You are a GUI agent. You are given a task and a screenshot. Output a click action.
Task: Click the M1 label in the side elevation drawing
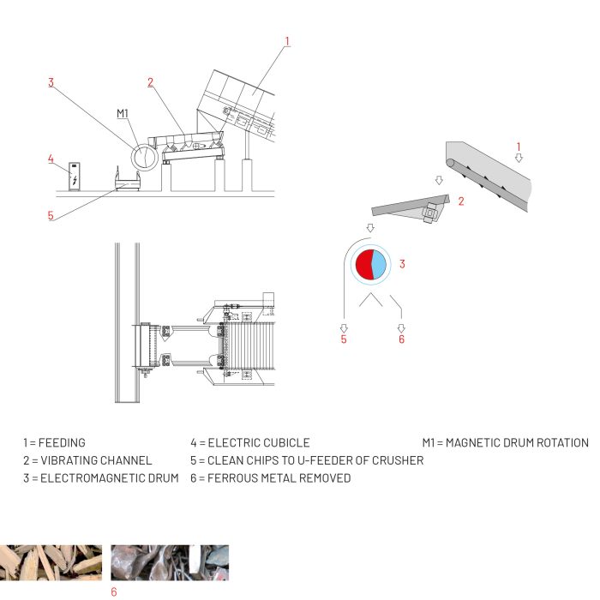point(123,113)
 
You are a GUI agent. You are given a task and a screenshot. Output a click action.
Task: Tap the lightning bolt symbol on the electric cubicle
point(76,179)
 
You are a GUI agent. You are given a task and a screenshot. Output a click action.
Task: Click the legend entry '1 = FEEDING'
point(54,443)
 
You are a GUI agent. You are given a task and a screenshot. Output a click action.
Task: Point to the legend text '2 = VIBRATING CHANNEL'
point(87,460)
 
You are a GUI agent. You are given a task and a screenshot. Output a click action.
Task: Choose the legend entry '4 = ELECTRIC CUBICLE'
point(249,443)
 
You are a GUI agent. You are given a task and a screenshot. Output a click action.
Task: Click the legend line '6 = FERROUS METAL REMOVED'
point(270,477)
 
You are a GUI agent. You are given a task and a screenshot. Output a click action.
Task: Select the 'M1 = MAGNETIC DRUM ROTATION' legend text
point(505,443)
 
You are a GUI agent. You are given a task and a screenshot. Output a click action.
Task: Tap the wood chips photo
point(51,562)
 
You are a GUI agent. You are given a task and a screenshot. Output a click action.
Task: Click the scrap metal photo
point(170,562)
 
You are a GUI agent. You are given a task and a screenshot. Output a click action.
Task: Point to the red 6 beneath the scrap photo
point(113,591)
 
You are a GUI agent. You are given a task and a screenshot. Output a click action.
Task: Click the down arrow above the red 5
point(344,327)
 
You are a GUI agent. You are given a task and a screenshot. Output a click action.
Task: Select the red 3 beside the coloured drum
point(401,264)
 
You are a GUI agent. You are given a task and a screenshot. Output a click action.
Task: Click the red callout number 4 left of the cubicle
point(51,159)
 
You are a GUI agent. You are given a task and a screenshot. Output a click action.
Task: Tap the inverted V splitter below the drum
point(370,300)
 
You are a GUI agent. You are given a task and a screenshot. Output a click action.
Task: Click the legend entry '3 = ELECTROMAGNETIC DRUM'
point(100,477)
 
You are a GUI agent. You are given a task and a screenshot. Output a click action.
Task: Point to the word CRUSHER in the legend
point(398,460)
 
